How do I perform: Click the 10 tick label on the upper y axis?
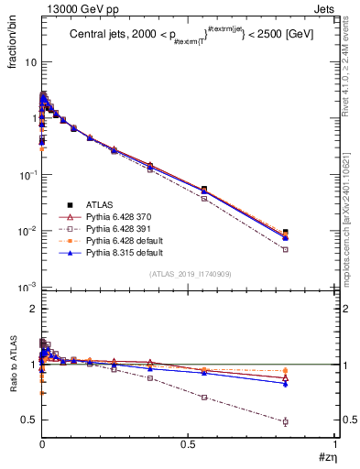pos(29,62)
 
